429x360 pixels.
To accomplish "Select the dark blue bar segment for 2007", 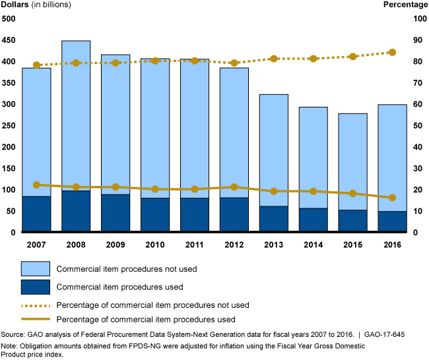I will tap(36, 214).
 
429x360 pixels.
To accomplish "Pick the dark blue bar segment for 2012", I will tap(234, 215).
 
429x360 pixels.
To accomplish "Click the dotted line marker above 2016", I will tap(392, 52).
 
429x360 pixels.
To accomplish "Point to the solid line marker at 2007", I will tap(36, 185).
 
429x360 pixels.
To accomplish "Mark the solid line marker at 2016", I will tap(392, 198).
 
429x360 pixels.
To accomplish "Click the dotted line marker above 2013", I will tap(273, 59).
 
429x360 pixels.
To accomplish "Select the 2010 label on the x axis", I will tap(155, 245).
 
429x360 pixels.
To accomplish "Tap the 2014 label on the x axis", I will tap(313, 245).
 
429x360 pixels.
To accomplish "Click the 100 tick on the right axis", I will tap(418, 18).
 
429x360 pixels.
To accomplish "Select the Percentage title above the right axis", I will tap(405, 5).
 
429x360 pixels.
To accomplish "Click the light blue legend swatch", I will tap(35, 268).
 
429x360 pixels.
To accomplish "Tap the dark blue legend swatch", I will tap(35, 287).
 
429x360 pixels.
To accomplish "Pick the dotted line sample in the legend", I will tap(35, 305).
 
